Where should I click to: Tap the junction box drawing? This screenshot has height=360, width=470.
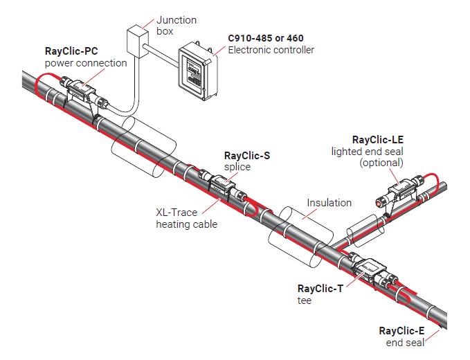pos(138,39)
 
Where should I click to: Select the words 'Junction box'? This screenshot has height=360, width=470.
pos(176,26)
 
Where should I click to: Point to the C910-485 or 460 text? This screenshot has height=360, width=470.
pos(266,38)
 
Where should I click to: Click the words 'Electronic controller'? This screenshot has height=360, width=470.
pos(271,50)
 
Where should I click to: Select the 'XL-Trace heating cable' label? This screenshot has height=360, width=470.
pos(186,219)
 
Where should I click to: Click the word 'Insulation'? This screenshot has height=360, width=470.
pos(329,203)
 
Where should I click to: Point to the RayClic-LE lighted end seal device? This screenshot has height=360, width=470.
pos(400,192)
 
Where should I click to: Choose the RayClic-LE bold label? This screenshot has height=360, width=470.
pos(378,139)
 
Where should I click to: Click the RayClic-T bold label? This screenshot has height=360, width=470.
pos(320,289)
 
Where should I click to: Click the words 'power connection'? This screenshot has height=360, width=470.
pos(86,63)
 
